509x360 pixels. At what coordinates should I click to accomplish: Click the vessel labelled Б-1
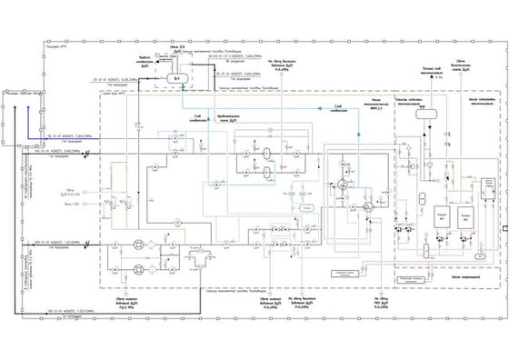point(177,80)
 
